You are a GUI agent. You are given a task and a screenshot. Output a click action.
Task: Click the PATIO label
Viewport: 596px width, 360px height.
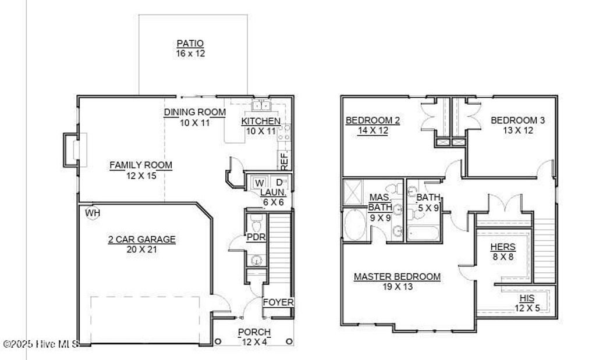(190, 44)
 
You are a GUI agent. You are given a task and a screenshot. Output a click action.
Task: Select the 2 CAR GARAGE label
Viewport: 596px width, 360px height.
(141, 239)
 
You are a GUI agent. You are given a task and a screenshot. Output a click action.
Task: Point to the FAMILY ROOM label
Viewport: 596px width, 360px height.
(141, 165)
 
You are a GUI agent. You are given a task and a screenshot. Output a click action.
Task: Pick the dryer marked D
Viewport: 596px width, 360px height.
(279, 183)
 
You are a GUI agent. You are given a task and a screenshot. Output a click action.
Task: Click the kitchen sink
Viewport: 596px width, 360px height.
(261, 105)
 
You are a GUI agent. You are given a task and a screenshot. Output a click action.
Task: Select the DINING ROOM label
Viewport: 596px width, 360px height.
(194, 112)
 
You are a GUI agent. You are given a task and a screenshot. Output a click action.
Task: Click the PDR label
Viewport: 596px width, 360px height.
(256, 237)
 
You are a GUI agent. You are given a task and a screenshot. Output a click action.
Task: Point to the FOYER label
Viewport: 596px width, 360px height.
(278, 302)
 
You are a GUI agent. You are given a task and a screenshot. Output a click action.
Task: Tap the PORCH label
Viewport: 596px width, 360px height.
(254, 332)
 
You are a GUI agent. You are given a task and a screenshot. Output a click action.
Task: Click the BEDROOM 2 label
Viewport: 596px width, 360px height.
(372, 120)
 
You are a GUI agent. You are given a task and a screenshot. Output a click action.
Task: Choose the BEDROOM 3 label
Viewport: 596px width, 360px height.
(518, 120)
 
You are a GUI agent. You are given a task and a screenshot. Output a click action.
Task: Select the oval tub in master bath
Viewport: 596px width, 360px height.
(353, 226)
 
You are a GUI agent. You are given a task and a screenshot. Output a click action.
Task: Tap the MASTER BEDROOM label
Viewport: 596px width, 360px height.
(397, 277)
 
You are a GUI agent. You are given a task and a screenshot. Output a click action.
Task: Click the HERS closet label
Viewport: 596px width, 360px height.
(503, 247)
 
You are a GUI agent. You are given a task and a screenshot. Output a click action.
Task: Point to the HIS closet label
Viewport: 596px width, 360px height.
(527, 298)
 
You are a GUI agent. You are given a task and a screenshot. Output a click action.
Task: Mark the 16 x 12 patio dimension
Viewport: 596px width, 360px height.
(190, 54)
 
